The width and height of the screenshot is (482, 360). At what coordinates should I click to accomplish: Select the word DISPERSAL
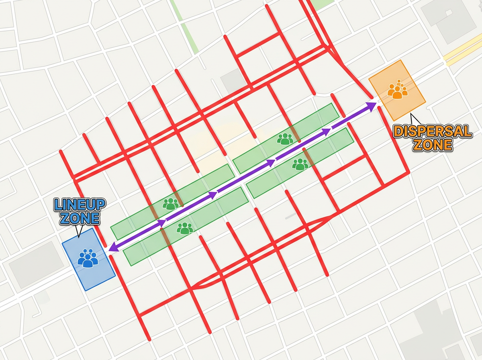[432, 132]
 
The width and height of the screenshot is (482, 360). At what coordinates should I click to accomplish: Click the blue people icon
[88, 258]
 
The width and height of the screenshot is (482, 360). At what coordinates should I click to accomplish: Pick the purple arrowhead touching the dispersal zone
[371, 105]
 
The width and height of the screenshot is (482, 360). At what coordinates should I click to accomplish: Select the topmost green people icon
[285, 139]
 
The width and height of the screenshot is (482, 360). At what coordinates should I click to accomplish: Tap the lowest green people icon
[185, 229]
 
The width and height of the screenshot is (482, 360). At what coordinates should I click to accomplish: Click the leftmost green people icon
[171, 204]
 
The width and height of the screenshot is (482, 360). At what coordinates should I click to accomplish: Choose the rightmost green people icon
[300, 164]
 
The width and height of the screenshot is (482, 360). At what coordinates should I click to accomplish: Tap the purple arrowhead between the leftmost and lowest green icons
[161, 223]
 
